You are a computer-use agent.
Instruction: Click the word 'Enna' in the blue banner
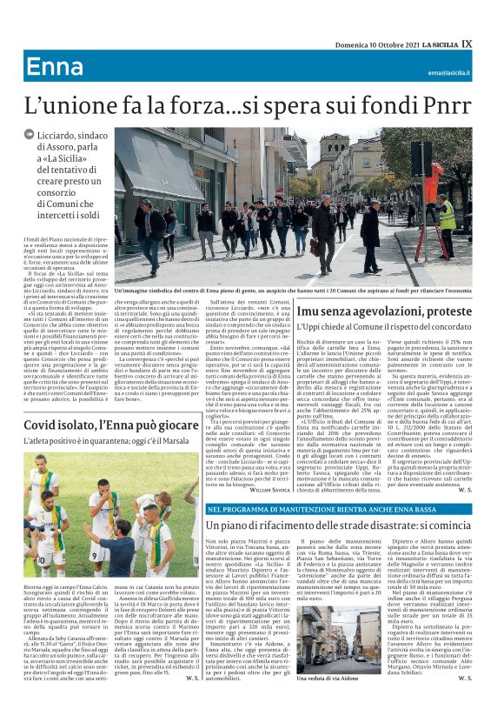[54, 67]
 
